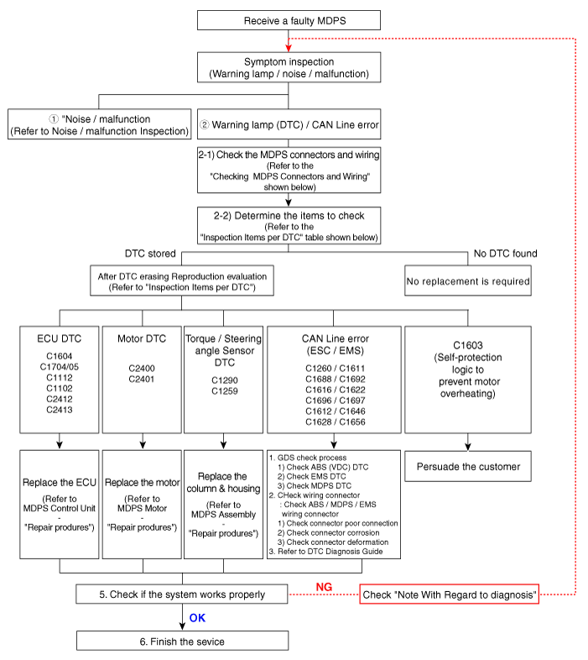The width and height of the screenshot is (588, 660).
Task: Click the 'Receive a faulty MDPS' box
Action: (289, 21)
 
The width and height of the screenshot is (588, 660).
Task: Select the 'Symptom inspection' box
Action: (289, 68)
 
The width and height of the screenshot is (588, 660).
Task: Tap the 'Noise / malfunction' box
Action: (99, 125)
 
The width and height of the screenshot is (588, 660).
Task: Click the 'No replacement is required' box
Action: (468, 281)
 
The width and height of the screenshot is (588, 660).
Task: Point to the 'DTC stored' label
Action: (149, 254)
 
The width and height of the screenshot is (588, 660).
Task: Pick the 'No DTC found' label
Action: (505, 254)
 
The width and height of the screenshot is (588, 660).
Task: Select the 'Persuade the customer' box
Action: (468, 466)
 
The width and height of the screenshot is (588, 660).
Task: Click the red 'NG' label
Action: (326, 585)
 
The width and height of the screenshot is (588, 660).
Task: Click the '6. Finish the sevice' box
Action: (182, 642)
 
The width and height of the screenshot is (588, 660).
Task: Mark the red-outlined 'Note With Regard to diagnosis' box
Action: (449, 595)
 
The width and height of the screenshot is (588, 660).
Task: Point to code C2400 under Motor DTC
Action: (142, 369)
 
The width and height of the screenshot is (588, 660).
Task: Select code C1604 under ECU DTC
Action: (59, 355)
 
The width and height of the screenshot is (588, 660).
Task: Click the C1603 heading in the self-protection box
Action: (468, 344)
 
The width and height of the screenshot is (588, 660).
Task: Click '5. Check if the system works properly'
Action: (182, 595)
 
